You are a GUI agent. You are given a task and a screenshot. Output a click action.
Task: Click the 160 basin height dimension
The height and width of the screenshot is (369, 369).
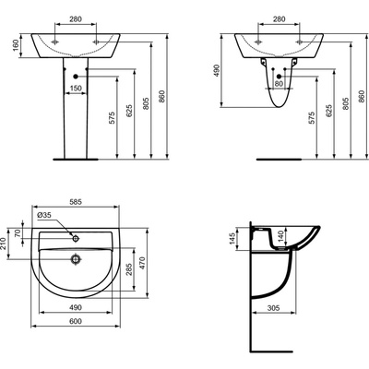point(16,45)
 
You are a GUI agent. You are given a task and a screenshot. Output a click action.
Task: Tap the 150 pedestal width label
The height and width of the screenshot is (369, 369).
point(76,89)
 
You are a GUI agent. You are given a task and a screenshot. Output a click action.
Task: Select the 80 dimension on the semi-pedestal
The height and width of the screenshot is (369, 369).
point(279,84)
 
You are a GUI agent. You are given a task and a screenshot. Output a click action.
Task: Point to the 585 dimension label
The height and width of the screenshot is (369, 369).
point(76,202)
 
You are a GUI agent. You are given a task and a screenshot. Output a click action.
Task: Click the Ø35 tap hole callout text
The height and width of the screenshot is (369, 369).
point(44,215)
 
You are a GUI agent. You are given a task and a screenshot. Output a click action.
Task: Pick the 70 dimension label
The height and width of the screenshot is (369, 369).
point(18,233)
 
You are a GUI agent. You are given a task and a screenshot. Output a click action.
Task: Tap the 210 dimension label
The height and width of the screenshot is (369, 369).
point(4,244)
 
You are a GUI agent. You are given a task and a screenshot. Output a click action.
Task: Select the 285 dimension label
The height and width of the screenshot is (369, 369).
point(129,269)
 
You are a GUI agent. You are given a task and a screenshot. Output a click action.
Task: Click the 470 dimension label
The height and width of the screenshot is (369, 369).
point(142,263)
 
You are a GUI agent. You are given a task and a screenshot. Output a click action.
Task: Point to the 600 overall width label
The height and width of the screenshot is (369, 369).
point(76,321)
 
